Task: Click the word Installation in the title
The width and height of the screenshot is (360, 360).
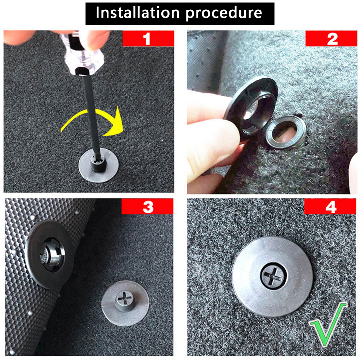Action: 137,13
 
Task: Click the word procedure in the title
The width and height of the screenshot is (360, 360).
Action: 224,13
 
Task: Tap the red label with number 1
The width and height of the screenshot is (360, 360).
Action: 148,38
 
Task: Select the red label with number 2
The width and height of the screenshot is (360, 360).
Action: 331,38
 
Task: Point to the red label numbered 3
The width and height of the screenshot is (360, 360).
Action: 147,206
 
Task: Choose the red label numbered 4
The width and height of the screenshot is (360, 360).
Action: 330,206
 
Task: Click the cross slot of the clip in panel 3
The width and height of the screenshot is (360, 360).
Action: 124,298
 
